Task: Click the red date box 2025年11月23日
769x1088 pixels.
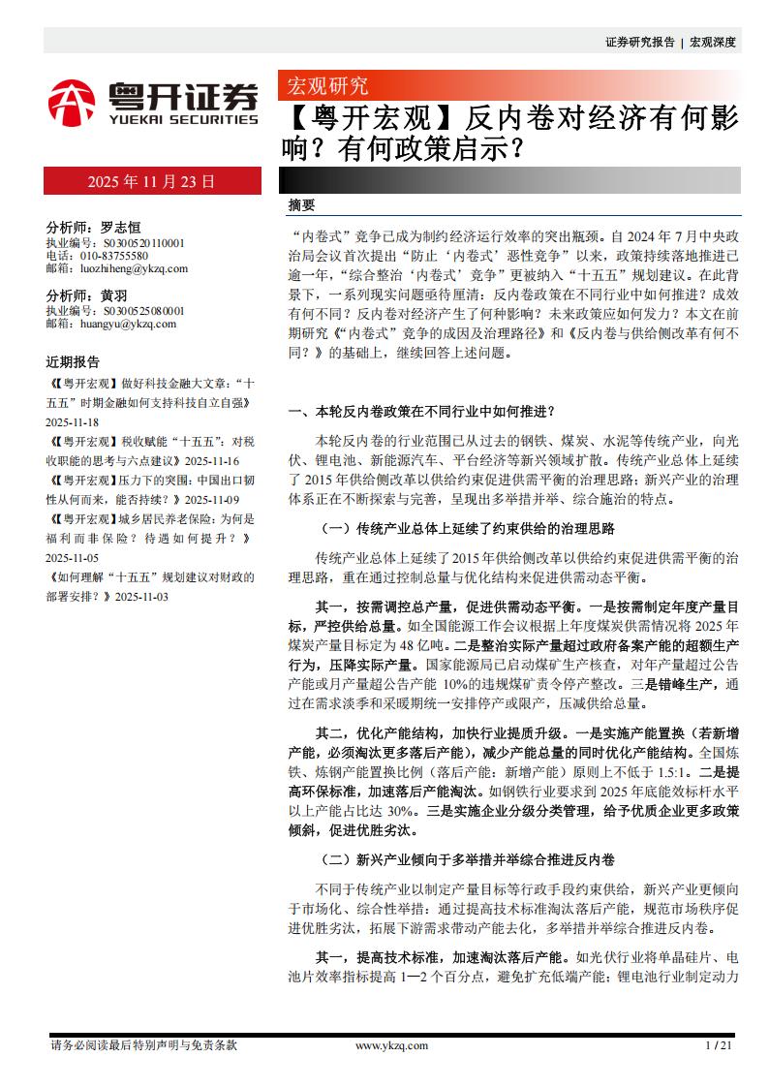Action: tap(151, 181)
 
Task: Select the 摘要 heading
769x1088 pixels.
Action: tap(302, 205)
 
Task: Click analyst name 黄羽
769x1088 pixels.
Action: tap(114, 295)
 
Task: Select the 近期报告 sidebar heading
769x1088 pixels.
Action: tap(73, 362)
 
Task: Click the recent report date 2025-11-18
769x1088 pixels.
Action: tap(73, 422)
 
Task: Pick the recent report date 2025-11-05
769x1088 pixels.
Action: tap(73, 558)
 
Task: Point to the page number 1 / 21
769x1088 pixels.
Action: tap(719, 1045)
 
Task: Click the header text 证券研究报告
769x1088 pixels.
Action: tap(639, 42)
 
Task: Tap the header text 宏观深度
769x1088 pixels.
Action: tap(713, 42)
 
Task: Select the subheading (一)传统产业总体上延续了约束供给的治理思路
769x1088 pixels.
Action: tap(467, 529)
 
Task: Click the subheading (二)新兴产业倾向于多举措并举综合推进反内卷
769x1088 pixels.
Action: tap(467, 859)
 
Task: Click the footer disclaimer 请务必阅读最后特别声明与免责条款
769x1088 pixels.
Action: tap(143, 1045)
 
